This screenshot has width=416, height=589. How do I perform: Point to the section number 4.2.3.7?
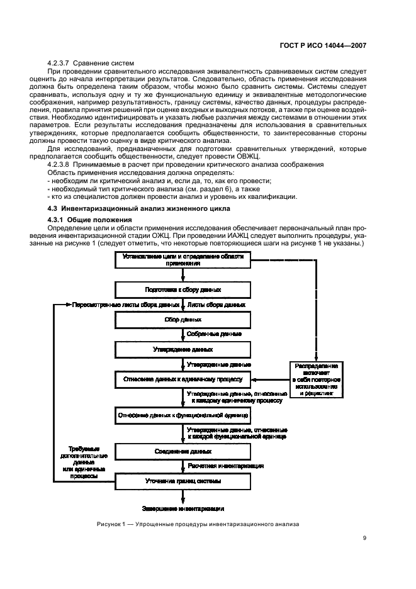(x=61, y=65)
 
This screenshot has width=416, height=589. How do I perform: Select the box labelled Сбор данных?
(x=183, y=319)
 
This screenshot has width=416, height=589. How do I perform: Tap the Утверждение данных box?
(x=183, y=349)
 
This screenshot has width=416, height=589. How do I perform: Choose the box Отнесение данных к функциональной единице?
(x=183, y=415)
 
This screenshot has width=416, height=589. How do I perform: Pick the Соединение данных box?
(x=183, y=451)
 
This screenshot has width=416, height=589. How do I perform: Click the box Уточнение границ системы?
(x=183, y=481)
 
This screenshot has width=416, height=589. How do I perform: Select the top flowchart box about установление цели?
(x=183, y=260)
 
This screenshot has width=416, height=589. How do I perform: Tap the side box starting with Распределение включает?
(x=318, y=379)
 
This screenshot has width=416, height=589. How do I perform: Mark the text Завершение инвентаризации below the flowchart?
(x=183, y=508)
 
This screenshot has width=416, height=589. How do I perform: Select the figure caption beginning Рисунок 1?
(x=198, y=524)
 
